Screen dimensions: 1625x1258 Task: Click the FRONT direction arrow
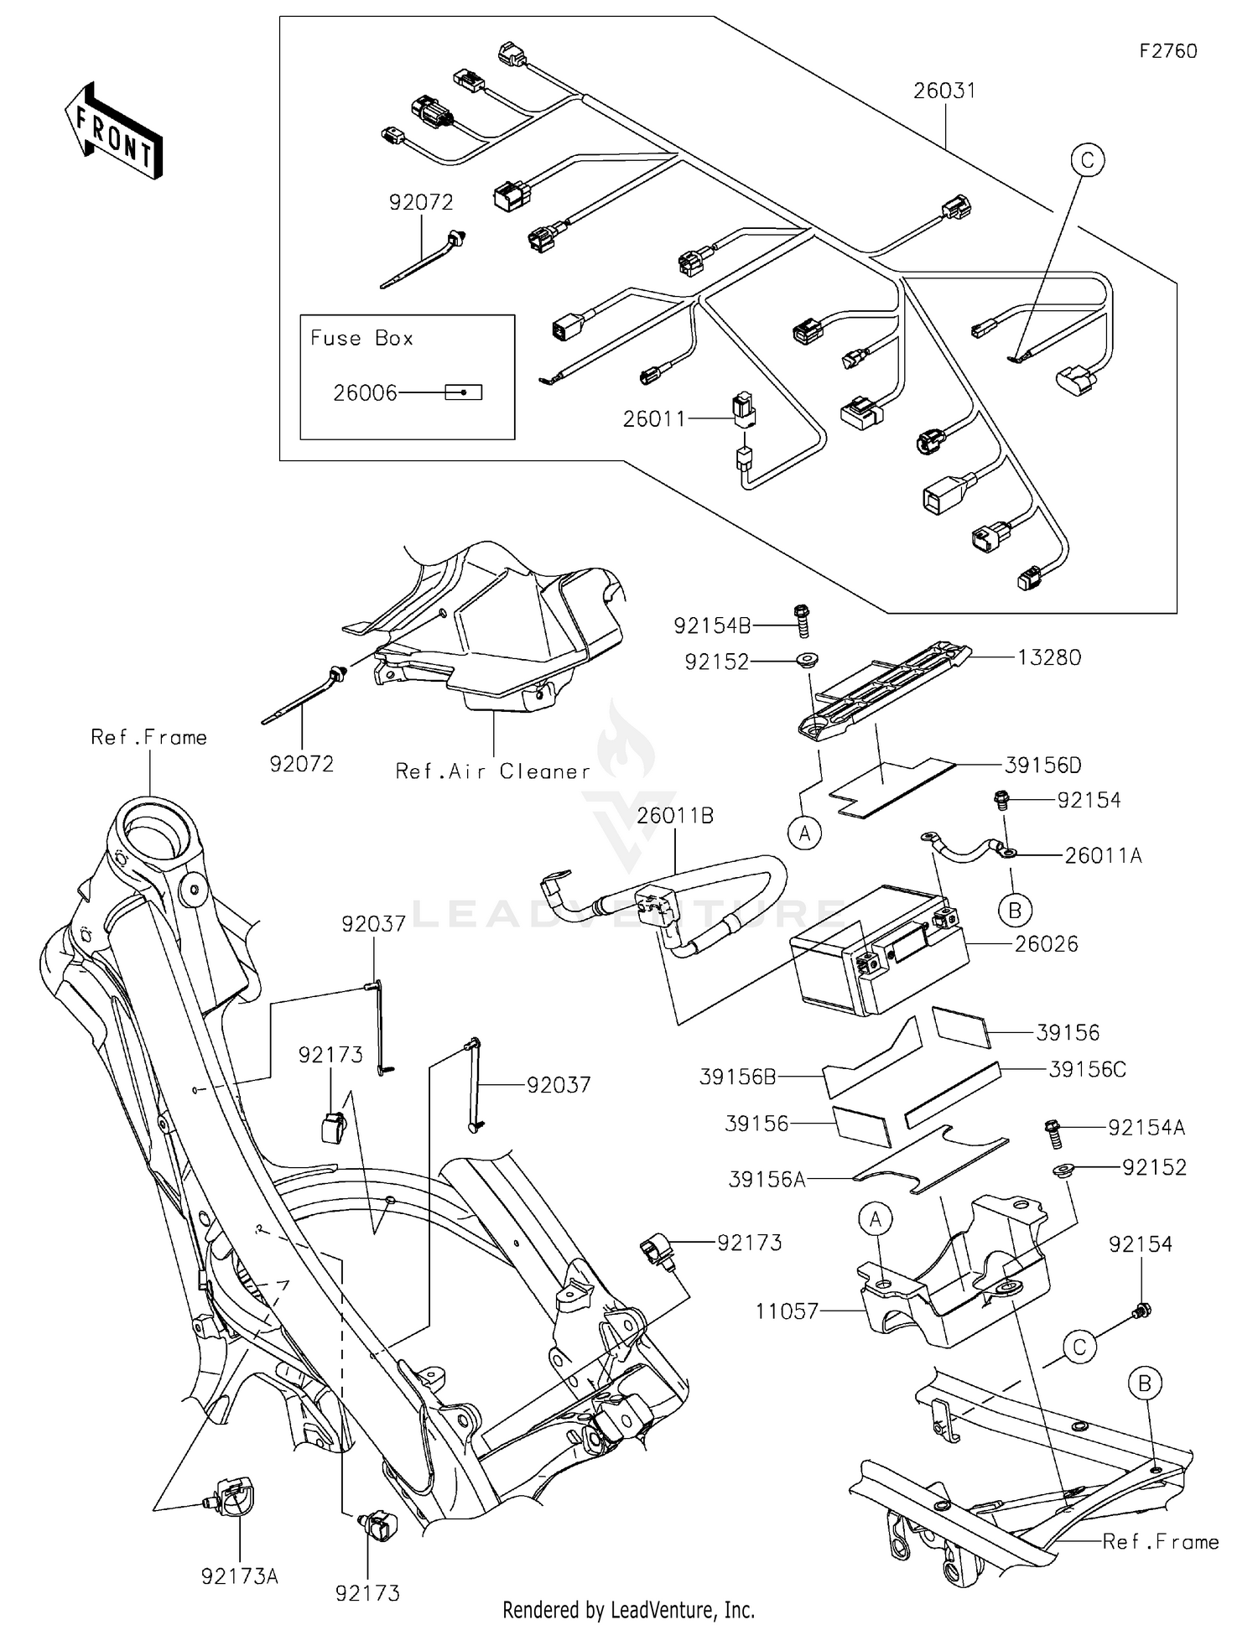[114, 131]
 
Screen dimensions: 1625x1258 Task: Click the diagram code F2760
[1167, 51]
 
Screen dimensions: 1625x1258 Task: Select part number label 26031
[945, 90]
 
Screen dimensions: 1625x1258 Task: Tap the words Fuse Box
[361, 338]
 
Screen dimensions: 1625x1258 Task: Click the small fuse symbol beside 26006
[463, 392]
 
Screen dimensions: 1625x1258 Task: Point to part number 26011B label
[675, 815]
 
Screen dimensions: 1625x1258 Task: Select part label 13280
[1049, 657]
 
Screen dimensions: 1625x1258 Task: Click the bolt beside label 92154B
[800, 620]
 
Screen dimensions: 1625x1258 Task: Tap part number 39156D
[1042, 765]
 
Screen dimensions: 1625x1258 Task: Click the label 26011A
[1103, 855]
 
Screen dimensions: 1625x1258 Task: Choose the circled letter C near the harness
[1087, 160]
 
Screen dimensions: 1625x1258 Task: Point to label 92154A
[1146, 1128]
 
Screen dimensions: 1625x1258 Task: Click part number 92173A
[239, 1576]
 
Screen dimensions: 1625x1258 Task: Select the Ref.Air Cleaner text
[492, 771]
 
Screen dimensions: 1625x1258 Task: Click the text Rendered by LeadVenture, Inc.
[628, 1609]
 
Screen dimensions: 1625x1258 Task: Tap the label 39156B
[737, 1077]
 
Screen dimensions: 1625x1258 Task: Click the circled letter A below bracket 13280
[805, 833]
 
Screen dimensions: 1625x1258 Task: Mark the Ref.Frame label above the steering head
[148, 737]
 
